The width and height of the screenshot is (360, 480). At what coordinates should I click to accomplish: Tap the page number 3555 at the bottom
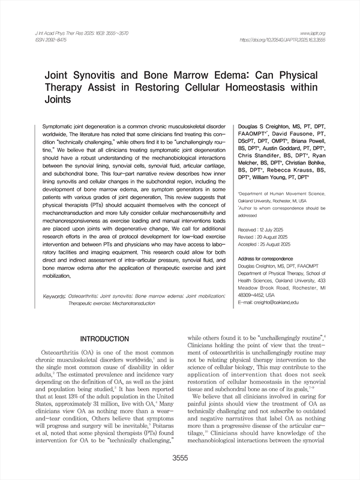tap(180, 459)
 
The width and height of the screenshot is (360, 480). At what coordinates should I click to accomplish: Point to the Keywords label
tap(55, 297)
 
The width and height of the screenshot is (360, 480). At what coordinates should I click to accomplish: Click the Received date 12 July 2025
tap(264, 230)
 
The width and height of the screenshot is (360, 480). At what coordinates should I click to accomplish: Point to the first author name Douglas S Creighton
tap(268, 127)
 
